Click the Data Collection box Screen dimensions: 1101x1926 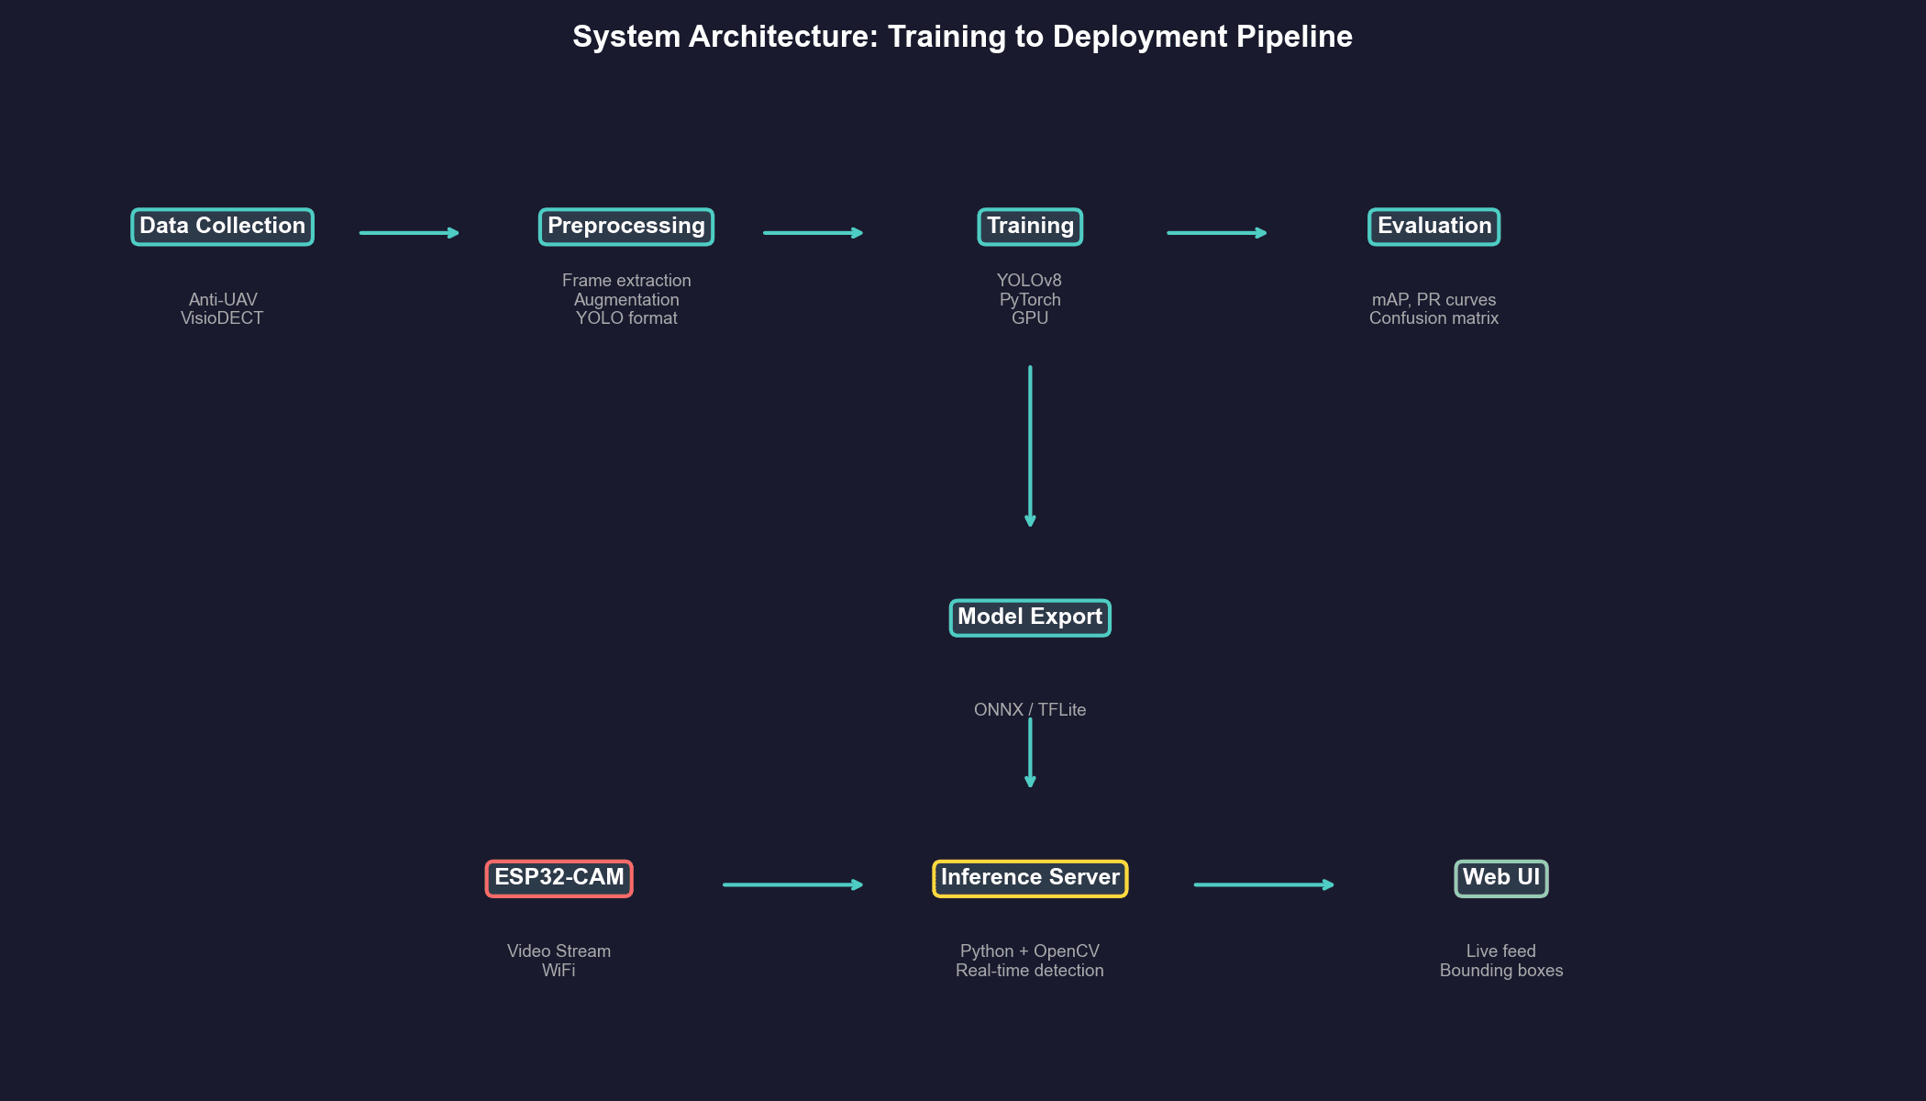pos(222,227)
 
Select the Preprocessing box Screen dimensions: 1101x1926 pos(625,227)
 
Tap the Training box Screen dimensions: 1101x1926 pos(1030,227)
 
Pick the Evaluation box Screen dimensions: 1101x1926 pos(1433,227)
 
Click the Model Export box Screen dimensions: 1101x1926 pos(1030,617)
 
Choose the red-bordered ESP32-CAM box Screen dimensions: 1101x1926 pos(559,878)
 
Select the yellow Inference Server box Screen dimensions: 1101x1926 pos(1030,878)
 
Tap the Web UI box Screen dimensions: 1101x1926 pos(1500,878)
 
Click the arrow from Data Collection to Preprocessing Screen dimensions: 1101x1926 pos(408,233)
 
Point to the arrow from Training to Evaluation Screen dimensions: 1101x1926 pos(1216,233)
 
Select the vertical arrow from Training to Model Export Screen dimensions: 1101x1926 pos(1030,445)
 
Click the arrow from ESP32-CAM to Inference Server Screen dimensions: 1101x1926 pos(792,884)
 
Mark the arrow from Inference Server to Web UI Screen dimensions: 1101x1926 pos(1263,884)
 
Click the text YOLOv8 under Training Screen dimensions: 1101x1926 pos(1029,281)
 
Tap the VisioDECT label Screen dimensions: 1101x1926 pos(222,318)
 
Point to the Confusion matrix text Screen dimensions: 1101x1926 pos(1433,318)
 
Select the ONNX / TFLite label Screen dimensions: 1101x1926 pos(1029,709)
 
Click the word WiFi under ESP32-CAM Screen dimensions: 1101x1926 pos(559,971)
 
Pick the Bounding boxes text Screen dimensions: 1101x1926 pos(1500,971)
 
